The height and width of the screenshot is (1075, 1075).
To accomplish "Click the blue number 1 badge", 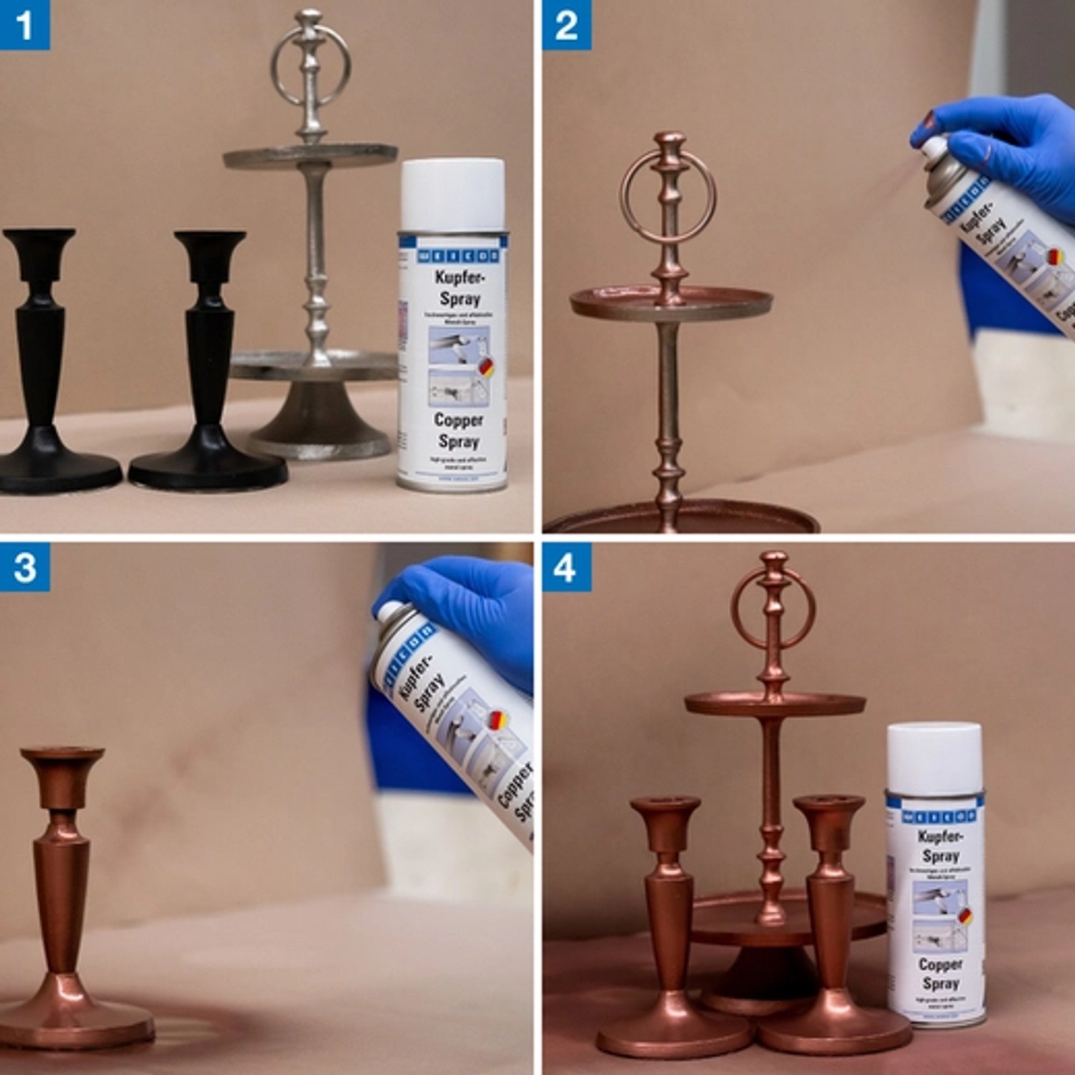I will (24, 25).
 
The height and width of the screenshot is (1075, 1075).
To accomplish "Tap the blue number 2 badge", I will (566, 25).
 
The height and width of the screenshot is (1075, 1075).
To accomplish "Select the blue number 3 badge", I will (24, 567).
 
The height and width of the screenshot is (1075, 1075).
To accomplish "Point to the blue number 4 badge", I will (566, 567).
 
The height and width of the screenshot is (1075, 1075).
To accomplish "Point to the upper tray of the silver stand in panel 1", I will (310, 155).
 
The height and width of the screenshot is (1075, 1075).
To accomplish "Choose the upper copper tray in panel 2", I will (670, 305).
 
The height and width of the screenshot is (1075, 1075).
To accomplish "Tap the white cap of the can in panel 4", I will (935, 758).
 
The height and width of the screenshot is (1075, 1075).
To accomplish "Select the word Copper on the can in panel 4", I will (940, 964).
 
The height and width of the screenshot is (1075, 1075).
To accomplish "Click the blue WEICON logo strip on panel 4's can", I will (939, 816).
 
